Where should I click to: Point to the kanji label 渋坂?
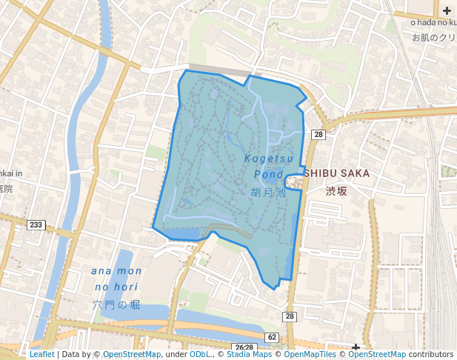[336, 190]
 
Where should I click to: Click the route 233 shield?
[36, 224]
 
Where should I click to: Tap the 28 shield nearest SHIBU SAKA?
[318, 134]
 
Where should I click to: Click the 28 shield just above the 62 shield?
[289, 317]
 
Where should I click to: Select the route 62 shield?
[272, 337]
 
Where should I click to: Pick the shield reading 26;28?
[243, 347]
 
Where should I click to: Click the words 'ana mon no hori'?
[117, 279]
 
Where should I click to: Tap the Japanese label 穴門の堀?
[116, 304]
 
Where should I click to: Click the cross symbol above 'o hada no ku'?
[447, 10]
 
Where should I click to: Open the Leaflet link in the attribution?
[41, 354]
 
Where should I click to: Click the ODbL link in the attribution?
[200, 354]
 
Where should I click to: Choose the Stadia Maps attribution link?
[249, 354]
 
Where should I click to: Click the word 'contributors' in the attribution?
[430, 354]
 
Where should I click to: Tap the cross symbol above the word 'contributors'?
[356, 347]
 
